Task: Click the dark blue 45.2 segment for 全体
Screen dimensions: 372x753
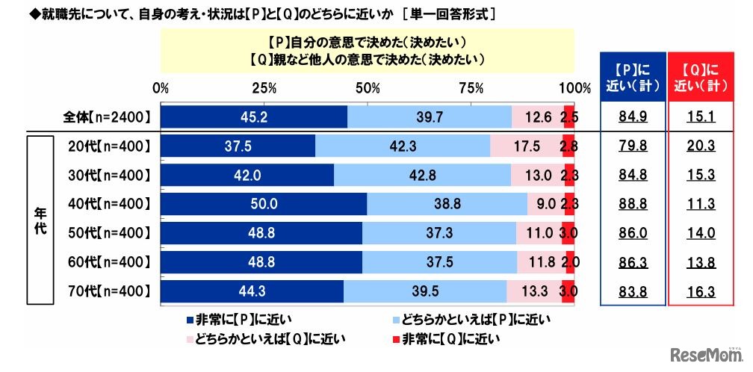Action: (254, 117)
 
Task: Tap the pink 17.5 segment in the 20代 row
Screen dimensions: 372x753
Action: (526, 146)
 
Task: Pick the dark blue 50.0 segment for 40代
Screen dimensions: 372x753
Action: (263, 204)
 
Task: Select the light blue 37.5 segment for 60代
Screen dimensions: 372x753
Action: (439, 262)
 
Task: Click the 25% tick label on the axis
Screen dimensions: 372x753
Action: (264, 87)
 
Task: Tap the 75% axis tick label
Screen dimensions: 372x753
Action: (471, 87)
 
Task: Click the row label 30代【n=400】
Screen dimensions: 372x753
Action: (106, 176)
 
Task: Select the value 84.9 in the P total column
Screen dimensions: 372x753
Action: (633, 117)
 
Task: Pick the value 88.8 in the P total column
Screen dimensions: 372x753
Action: (633, 204)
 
